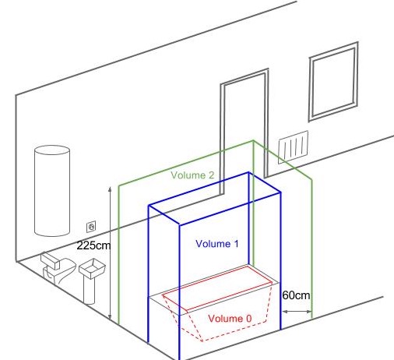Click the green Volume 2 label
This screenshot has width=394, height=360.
(192, 175)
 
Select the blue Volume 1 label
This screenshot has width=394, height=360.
(217, 244)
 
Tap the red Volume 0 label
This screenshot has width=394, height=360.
(230, 319)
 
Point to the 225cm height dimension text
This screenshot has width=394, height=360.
(93, 245)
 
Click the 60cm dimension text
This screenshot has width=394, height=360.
(296, 295)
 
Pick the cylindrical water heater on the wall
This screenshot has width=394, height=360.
(52, 191)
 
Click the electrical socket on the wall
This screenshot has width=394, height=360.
(91, 227)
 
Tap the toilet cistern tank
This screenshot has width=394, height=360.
(50, 260)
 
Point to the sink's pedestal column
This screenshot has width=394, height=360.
(90, 291)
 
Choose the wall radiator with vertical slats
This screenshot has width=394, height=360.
(294, 147)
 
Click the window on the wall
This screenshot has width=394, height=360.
(333, 82)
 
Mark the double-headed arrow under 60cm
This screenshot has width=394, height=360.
(297, 311)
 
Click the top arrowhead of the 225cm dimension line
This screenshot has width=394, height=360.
(110, 189)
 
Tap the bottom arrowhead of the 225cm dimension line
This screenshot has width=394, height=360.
(110, 318)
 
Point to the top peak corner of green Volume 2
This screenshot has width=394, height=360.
(253, 141)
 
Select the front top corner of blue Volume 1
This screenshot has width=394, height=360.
(179, 224)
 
